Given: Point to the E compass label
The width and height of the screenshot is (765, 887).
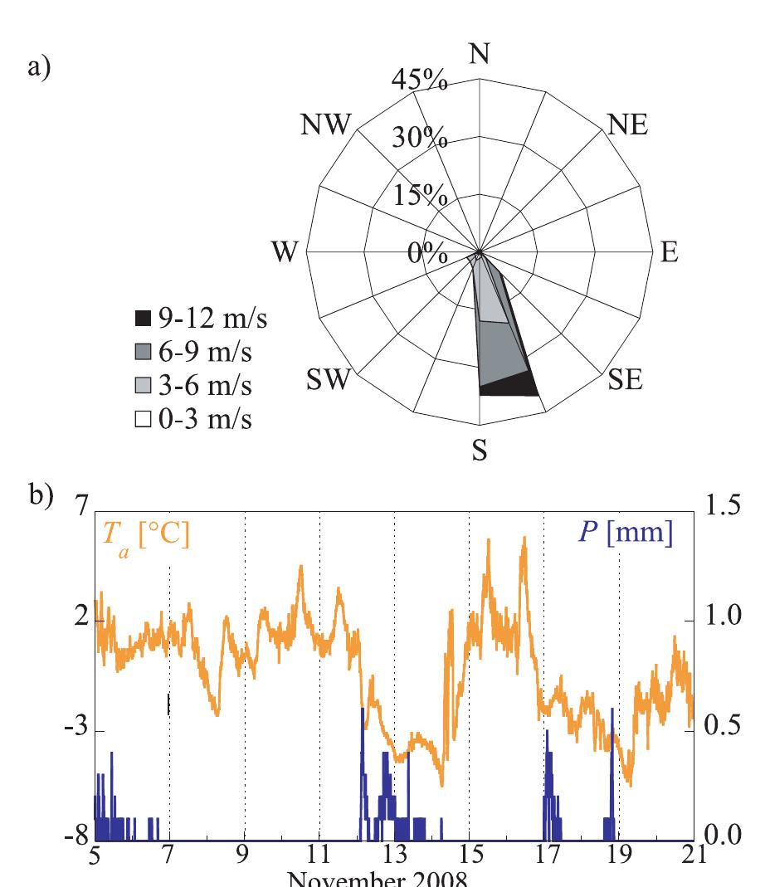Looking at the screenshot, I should click(668, 253).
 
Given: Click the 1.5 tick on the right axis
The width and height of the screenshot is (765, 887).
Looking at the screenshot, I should click(725, 509).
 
